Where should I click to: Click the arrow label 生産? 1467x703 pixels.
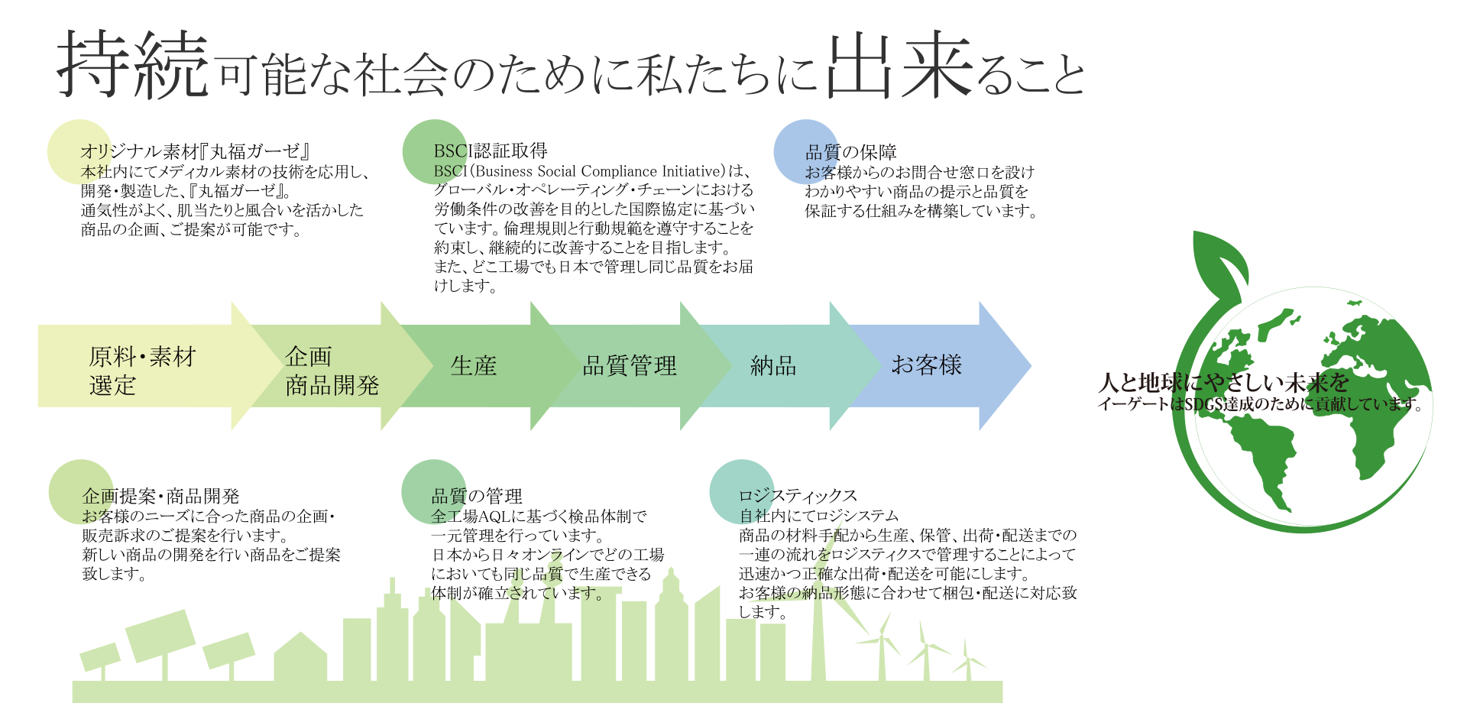point(474,366)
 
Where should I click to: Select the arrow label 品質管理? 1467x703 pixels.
point(630,366)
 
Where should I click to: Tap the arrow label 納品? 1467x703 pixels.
point(773,366)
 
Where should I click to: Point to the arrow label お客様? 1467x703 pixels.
point(926,365)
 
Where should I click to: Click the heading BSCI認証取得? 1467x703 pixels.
point(491,151)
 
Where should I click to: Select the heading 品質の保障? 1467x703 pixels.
point(851,153)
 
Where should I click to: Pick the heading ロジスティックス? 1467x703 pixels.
point(798,496)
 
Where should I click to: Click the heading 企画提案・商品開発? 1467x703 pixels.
point(160,497)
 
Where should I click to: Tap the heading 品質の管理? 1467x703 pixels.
point(477,497)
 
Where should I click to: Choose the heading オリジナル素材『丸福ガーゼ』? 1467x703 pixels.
point(195,151)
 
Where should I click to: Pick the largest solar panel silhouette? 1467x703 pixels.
point(160,634)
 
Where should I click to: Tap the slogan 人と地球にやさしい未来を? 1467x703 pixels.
point(1223,382)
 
